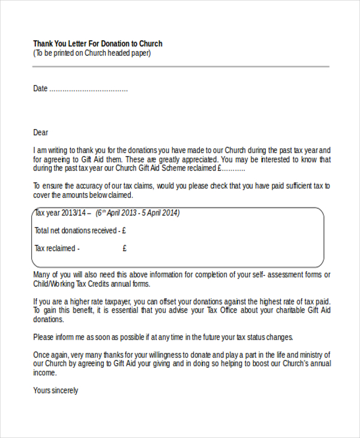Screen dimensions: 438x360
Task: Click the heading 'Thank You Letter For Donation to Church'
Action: [x=98, y=44]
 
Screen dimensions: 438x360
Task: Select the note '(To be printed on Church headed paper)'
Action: [x=92, y=53]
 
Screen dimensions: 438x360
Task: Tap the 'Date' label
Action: [x=40, y=89]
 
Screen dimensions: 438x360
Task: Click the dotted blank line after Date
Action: [x=88, y=89]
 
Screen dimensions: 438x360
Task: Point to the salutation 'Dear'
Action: [x=41, y=133]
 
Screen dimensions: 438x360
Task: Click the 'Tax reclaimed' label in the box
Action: [x=55, y=248]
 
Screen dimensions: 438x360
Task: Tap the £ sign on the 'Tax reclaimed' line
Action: [x=124, y=248]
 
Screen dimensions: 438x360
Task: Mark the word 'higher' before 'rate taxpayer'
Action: [x=80, y=301]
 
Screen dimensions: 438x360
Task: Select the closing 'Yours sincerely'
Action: [x=56, y=391]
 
